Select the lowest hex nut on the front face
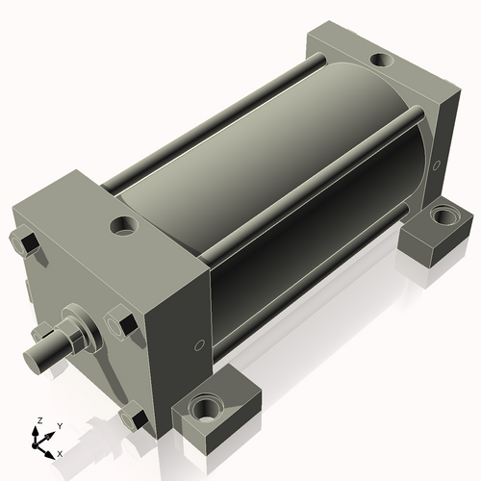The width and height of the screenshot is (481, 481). coord(132,418)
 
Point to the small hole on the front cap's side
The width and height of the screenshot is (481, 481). coord(199,343)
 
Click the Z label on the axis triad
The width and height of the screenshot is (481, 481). coord(38,420)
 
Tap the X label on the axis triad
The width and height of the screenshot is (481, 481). coord(61,452)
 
